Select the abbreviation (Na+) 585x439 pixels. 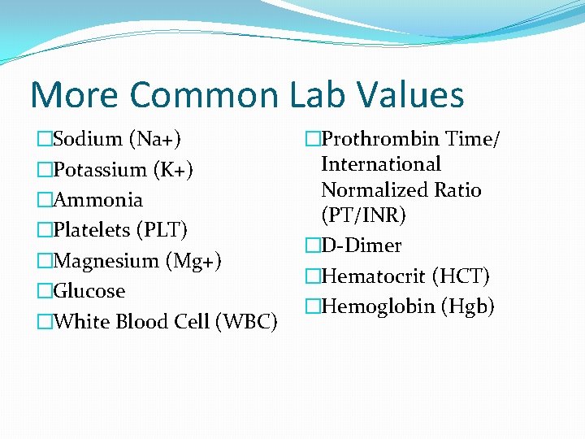pos(152,139)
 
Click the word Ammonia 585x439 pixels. pos(97,200)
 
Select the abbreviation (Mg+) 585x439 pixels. pos(193,261)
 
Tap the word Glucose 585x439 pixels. pos(89,291)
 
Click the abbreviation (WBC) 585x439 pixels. pos(247,321)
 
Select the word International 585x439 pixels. pos(381,164)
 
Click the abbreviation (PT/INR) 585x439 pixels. pos(364,215)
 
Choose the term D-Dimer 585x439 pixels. pos(361,246)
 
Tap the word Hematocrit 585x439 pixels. pos(374,276)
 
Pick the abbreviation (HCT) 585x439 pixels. pos(461,276)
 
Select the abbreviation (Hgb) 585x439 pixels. pos(467,306)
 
